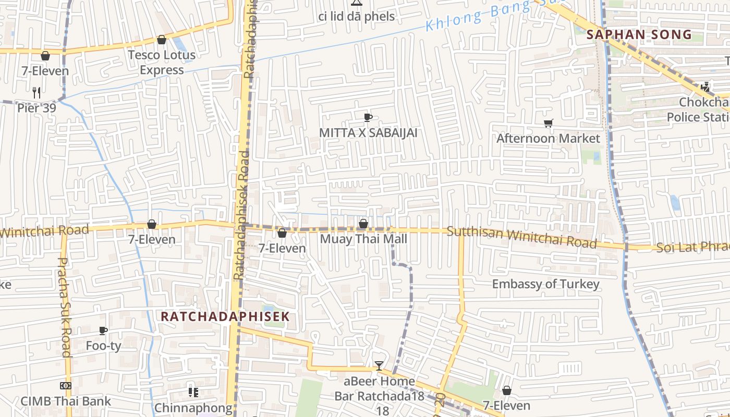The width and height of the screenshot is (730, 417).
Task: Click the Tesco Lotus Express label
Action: pyautogui.click(x=162, y=62)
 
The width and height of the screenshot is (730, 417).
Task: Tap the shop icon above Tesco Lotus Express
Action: pyautogui.click(x=162, y=40)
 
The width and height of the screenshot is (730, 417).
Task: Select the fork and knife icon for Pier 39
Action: pyautogui.click(x=36, y=93)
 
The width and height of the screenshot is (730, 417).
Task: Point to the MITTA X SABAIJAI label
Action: pyautogui.click(x=368, y=133)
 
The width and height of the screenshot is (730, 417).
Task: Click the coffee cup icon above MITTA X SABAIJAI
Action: pyautogui.click(x=368, y=118)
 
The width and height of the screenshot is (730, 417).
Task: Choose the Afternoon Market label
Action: pyautogui.click(x=548, y=138)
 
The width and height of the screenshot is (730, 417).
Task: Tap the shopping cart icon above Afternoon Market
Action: pyautogui.click(x=548, y=124)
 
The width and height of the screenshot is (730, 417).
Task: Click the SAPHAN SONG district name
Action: pyautogui.click(x=639, y=35)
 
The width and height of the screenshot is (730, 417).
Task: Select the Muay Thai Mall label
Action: pyautogui.click(x=363, y=239)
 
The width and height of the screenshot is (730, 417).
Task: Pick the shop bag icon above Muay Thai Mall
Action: pyautogui.click(x=363, y=224)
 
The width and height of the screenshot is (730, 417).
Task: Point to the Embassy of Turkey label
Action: pyautogui.click(x=545, y=284)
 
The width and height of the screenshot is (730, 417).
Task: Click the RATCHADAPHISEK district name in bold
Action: pyautogui.click(x=225, y=316)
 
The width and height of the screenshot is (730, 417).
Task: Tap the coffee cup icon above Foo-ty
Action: pyautogui.click(x=103, y=330)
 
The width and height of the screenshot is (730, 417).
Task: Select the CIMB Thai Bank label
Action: pyautogui.click(x=66, y=401)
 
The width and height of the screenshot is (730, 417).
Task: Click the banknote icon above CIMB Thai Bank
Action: pyautogui.click(x=66, y=386)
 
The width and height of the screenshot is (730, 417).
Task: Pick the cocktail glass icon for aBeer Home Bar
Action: pyautogui.click(x=379, y=366)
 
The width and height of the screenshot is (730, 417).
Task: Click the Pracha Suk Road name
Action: pyautogui.click(x=64, y=308)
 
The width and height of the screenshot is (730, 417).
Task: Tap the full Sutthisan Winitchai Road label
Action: pyautogui.click(x=521, y=237)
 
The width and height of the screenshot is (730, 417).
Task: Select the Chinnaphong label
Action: pyautogui.click(x=193, y=407)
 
